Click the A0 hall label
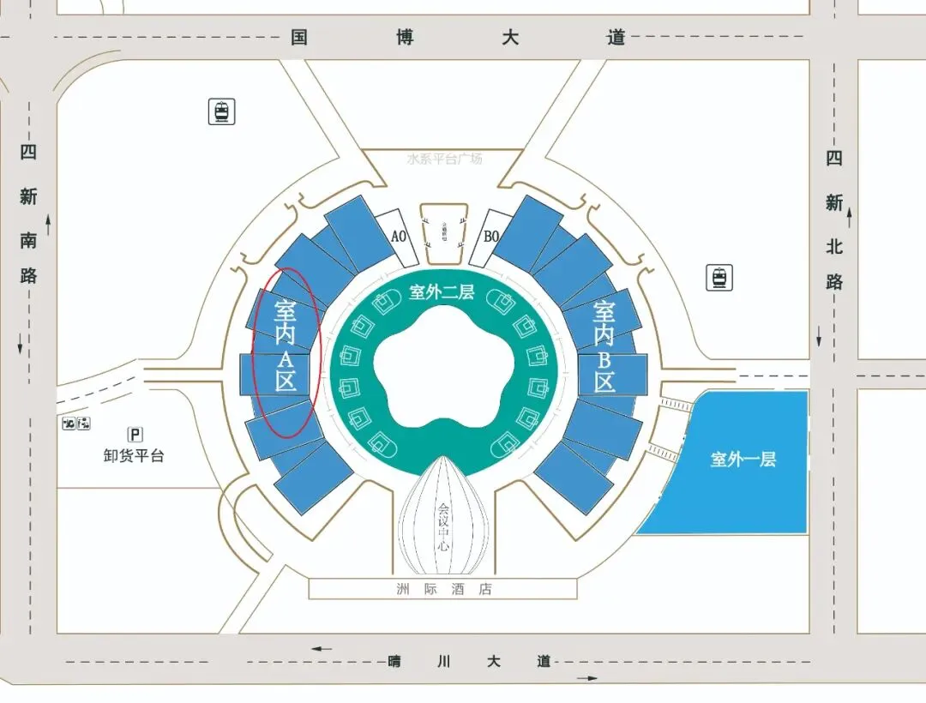point(398,237)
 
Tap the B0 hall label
point(490,237)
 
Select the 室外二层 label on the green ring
point(442,292)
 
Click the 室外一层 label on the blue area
point(743,460)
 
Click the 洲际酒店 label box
point(443,589)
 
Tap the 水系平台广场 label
point(444,159)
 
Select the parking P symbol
point(135,435)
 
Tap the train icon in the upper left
point(222,111)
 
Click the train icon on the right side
point(719,278)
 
